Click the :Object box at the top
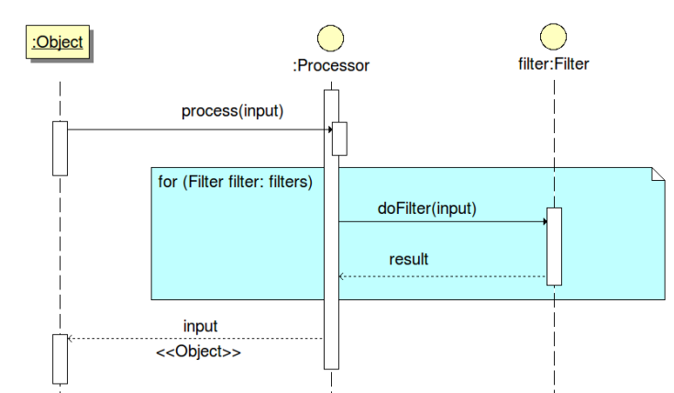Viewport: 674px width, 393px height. click(x=58, y=41)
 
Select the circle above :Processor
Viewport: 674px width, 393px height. click(x=330, y=39)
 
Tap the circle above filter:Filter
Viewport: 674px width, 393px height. click(x=553, y=37)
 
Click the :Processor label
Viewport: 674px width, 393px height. click(x=331, y=65)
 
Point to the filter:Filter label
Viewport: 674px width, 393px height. click(x=554, y=63)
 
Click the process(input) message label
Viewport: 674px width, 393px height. click(x=233, y=110)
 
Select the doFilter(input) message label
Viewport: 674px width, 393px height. click(x=427, y=208)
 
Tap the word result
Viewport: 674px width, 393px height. click(x=409, y=259)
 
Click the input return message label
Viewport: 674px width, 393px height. click(x=200, y=326)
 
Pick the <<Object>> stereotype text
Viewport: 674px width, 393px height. click(x=199, y=352)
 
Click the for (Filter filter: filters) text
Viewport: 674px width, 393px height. click(x=235, y=182)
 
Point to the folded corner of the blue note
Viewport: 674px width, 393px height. click(x=658, y=174)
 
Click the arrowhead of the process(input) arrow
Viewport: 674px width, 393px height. click(x=330, y=129)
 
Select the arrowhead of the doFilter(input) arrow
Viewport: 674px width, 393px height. click(x=545, y=221)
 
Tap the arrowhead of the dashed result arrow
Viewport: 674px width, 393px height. click(x=341, y=276)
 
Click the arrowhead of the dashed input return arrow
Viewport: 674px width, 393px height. click(x=71, y=338)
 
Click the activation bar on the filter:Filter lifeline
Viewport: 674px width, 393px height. click(x=554, y=246)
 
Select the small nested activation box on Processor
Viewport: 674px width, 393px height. click(x=339, y=139)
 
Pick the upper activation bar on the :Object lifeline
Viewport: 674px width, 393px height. click(x=61, y=149)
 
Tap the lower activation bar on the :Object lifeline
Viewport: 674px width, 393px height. click(x=61, y=359)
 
